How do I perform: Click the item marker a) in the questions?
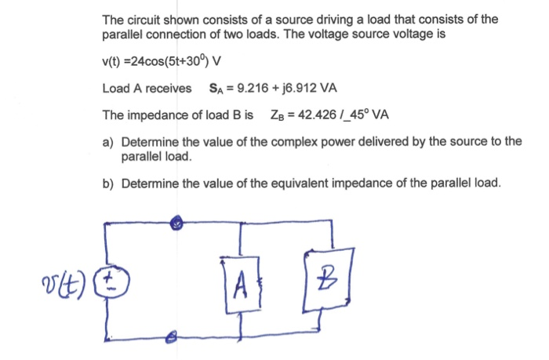point(109,141)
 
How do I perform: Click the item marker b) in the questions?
point(109,184)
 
